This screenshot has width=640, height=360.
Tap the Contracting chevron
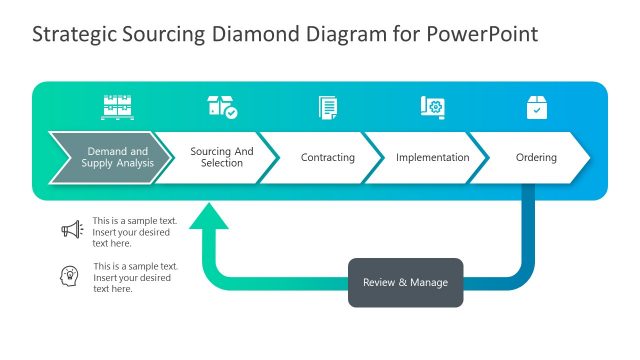click(328, 158)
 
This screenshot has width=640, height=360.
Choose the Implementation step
click(432, 158)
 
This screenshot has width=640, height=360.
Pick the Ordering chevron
click(536, 158)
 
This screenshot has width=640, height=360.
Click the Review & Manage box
click(405, 283)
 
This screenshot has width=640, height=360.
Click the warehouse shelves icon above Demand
click(117, 106)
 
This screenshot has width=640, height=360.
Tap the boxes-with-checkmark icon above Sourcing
click(222, 107)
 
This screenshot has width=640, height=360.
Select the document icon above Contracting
click(328, 107)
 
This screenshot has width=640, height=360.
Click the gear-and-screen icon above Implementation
click(432, 107)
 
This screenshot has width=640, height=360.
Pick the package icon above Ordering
click(537, 107)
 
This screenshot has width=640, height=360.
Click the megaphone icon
click(71, 230)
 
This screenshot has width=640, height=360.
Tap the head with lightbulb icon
click(71, 275)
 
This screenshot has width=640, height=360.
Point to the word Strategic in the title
click(70, 34)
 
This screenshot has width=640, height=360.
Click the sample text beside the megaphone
click(133, 231)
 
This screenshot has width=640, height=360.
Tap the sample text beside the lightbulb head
click(135, 277)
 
